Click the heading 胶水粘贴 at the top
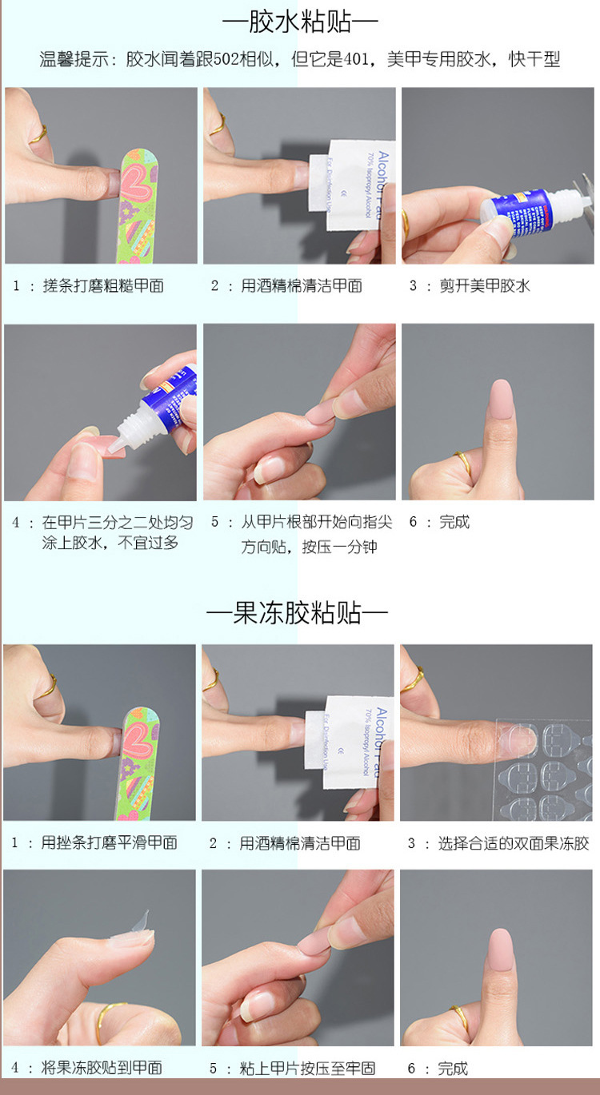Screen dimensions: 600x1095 (x=300, y=22)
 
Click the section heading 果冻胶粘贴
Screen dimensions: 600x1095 (x=297, y=612)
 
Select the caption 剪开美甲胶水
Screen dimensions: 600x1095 (x=485, y=285)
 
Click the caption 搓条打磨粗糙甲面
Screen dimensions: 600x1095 (x=103, y=285)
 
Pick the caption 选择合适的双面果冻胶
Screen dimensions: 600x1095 (x=514, y=843)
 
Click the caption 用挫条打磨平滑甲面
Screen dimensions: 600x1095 (x=109, y=842)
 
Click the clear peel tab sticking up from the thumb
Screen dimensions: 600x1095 (x=142, y=920)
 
